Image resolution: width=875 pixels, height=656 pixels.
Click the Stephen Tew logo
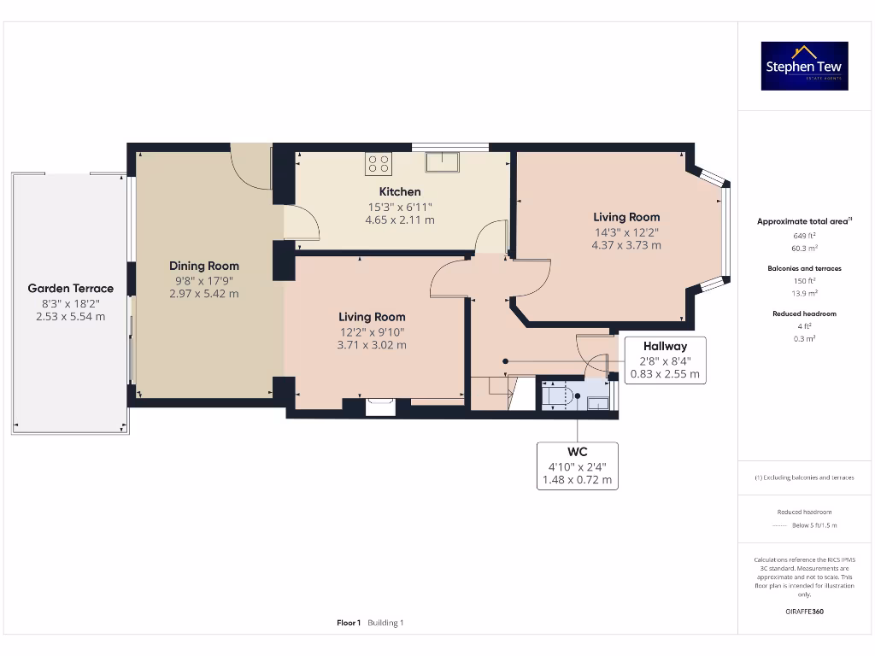pyautogui.click(x=805, y=67)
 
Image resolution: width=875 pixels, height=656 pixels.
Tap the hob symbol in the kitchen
pyautogui.click(x=379, y=163)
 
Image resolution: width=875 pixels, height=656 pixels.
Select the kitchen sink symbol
pyautogui.click(x=444, y=161)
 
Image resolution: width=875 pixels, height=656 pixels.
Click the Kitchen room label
pyautogui.click(x=400, y=191)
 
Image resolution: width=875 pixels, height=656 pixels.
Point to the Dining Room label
pyautogui.click(x=203, y=266)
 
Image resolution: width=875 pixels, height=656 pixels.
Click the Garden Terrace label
pyautogui.click(x=70, y=289)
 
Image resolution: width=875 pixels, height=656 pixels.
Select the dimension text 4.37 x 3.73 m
pyautogui.click(x=625, y=245)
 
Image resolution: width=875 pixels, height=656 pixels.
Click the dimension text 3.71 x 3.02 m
pyautogui.click(x=371, y=345)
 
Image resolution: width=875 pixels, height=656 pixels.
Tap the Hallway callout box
pyautogui.click(x=665, y=360)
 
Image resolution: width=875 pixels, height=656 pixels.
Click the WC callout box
pyautogui.click(x=578, y=466)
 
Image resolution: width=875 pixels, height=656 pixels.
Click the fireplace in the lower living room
pyautogui.click(x=380, y=407)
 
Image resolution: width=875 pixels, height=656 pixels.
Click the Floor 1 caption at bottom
pyautogui.click(x=349, y=623)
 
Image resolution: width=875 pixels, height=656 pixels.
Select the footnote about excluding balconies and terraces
pyautogui.click(x=803, y=477)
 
